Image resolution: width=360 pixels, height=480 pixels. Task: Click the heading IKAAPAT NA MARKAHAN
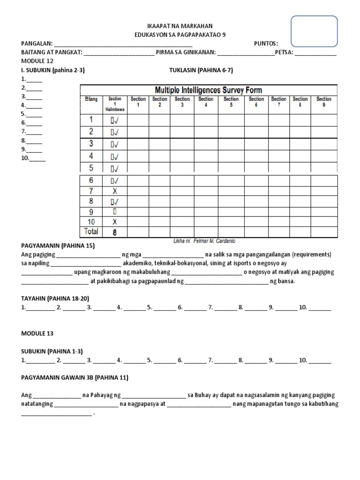[x=180, y=26]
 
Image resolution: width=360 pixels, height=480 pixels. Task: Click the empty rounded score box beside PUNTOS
[x=315, y=31]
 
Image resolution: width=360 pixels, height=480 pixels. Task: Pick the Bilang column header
[x=91, y=99]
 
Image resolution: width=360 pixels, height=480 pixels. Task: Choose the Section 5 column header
[x=231, y=102]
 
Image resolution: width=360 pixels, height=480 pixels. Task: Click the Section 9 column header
[x=324, y=102]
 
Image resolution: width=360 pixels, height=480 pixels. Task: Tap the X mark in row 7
[x=115, y=191]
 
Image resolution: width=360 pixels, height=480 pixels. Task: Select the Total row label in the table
[x=91, y=231]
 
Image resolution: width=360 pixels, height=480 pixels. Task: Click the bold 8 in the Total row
[x=115, y=232]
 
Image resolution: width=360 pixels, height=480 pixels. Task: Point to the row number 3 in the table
[x=91, y=143]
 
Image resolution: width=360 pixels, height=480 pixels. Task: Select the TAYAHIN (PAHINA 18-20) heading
[x=55, y=298]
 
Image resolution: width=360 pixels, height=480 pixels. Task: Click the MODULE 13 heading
[x=37, y=334]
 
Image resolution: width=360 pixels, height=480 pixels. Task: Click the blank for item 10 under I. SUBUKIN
[x=37, y=158]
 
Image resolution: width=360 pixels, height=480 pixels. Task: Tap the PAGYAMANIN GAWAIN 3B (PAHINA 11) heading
[x=75, y=377]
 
